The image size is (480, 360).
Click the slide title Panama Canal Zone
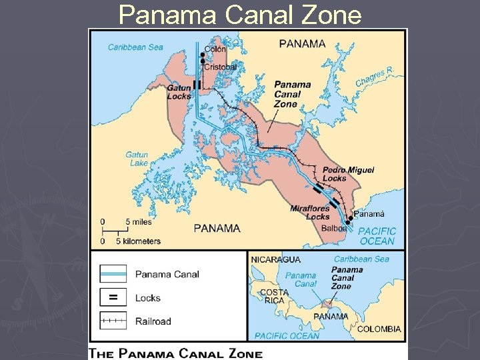239,14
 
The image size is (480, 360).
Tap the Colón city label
215,49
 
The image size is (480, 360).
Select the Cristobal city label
219,67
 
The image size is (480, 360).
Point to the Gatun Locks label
179,91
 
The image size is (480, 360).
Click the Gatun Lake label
137,159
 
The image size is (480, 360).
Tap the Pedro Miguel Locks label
348,174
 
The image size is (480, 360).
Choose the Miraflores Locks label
310,213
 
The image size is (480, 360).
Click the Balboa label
333,228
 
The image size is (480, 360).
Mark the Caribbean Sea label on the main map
135,47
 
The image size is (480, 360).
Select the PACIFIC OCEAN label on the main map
377,236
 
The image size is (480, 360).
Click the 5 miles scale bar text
136,221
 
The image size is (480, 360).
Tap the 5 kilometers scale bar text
139,241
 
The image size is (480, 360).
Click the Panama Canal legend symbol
113,274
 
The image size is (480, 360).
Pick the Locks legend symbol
113,297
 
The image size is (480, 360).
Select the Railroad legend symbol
113,321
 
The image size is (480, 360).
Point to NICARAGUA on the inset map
275,259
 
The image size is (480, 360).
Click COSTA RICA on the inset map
274,297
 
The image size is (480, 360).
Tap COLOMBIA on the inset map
379,329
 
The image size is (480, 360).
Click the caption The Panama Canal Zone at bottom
177,354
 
